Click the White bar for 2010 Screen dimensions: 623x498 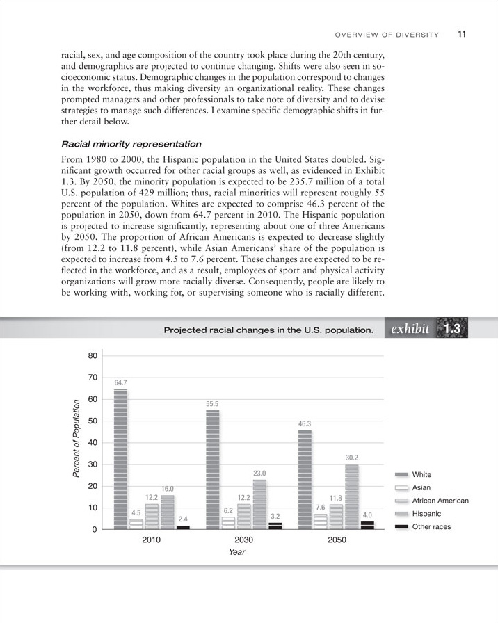120,459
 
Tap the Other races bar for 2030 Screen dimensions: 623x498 275,526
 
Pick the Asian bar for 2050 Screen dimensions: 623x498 320,521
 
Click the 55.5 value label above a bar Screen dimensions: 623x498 213,403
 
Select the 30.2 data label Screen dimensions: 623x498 352,458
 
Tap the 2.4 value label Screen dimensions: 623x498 183,519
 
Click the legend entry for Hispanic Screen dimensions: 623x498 426,513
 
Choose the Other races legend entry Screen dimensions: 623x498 431,526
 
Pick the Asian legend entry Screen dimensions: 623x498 422,487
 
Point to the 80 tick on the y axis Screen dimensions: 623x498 93,356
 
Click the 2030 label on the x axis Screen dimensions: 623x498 243,540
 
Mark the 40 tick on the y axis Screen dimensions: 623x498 93,443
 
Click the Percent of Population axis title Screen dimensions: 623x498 77,439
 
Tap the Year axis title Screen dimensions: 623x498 236,552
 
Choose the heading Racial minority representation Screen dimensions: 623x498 131,144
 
